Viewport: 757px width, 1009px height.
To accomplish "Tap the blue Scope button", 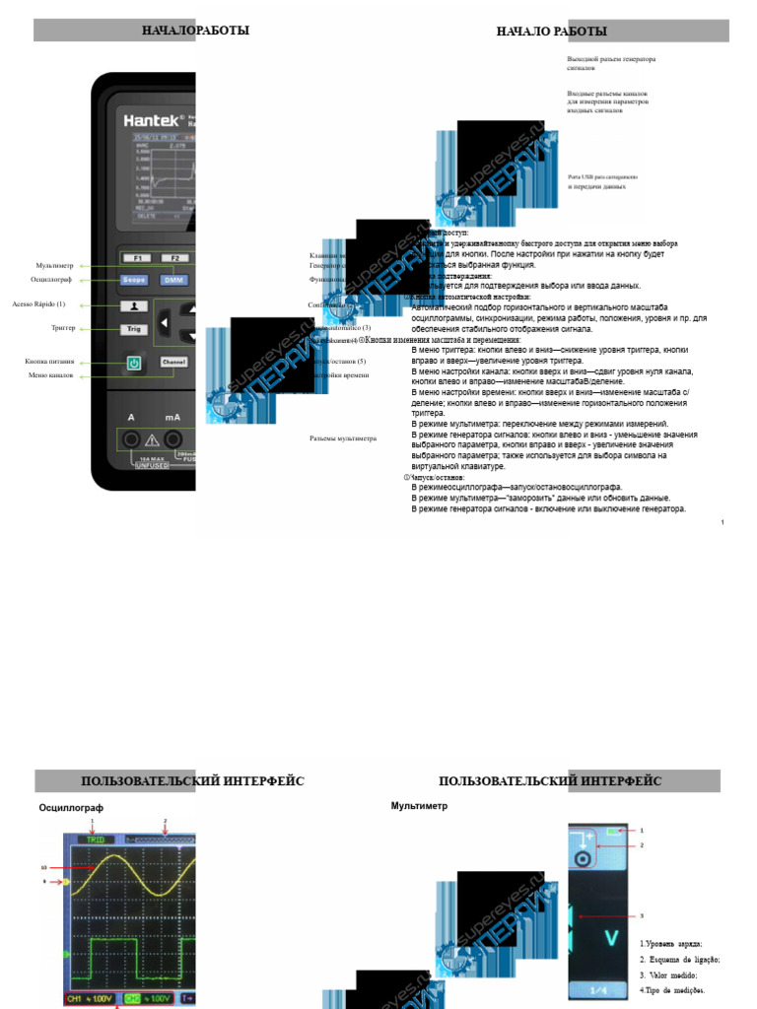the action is click(134, 280).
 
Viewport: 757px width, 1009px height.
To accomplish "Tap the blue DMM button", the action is click(173, 280).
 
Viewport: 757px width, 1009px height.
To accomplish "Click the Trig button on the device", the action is click(134, 329).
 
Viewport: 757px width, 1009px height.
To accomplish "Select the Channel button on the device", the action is click(173, 363).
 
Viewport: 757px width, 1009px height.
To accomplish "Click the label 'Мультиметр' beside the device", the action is click(54, 265).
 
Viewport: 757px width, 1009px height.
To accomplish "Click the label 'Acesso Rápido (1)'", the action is click(38, 303).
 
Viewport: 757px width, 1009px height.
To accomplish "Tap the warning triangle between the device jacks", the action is click(152, 439).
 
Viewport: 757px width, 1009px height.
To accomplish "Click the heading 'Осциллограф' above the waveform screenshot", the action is click(71, 808).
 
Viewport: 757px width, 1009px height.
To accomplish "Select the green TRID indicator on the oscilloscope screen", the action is click(96, 839).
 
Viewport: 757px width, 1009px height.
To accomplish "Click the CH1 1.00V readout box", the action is click(90, 998).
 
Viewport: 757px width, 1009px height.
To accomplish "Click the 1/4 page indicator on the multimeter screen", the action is click(598, 989).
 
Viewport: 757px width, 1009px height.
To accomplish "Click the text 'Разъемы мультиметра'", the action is click(343, 437).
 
